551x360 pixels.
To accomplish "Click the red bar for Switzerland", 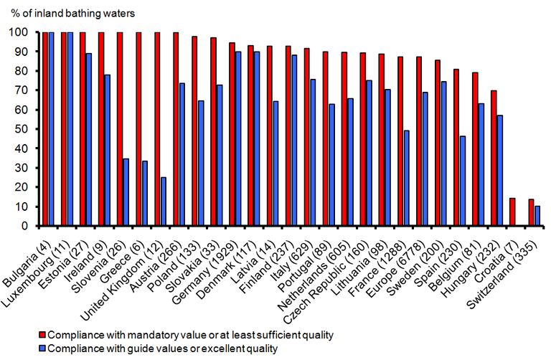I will [530, 212].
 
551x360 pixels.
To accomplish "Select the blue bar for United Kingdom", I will [163, 202].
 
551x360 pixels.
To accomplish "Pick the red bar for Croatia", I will [512, 212].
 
